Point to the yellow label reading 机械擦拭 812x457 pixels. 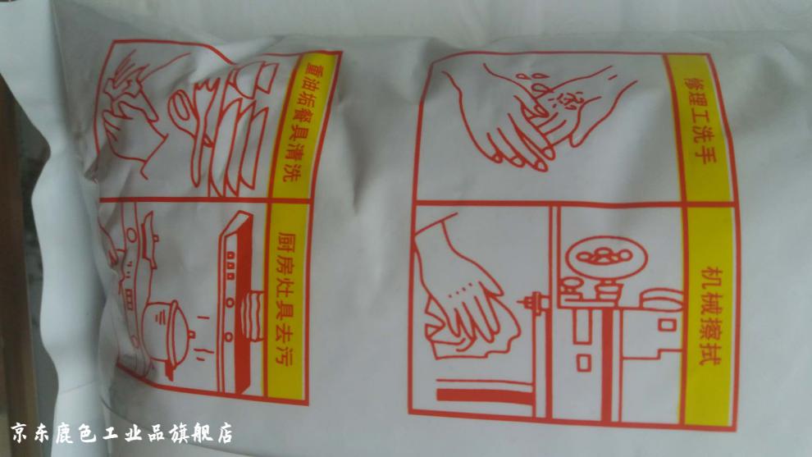[710, 316]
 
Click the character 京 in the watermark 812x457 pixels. [20, 432]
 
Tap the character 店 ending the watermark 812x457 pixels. [224, 432]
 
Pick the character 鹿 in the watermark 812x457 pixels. [65, 432]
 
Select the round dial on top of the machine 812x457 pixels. [606, 257]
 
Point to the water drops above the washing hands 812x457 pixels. [549, 91]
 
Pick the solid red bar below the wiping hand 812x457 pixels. [484, 395]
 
